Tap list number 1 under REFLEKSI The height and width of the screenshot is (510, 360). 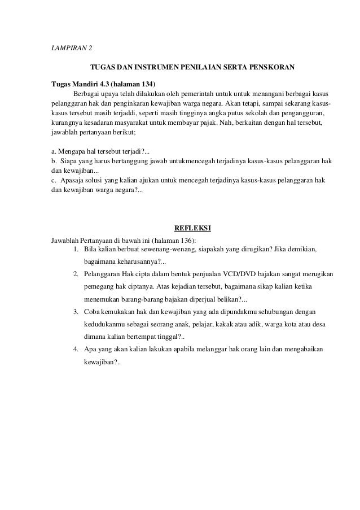[76, 250]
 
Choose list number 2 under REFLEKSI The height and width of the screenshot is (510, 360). [76, 274]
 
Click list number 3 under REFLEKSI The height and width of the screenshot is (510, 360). [76, 311]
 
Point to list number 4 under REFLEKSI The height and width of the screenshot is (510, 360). [76, 348]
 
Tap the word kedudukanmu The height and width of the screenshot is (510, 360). [104, 324]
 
